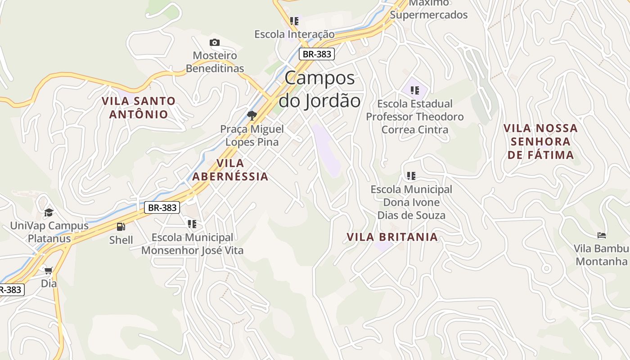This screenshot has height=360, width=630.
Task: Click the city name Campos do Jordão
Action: coord(319,89)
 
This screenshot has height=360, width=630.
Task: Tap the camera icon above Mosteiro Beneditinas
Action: coord(215,42)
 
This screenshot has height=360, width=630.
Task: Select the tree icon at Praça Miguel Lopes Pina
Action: coord(252,115)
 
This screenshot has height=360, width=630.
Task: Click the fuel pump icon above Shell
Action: coord(121,227)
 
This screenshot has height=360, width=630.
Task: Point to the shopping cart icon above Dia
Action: coord(49,270)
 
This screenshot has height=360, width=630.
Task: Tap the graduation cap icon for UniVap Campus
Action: coord(49,212)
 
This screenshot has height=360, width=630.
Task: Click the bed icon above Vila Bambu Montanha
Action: coord(601,235)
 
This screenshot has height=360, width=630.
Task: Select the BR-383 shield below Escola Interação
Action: coord(317,54)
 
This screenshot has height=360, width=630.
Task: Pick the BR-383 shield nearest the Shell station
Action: coord(162,207)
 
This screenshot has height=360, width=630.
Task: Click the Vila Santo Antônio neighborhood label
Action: coord(139,108)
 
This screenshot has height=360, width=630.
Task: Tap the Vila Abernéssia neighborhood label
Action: coord(230,170)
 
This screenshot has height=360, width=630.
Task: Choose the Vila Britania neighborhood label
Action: coord(392,237)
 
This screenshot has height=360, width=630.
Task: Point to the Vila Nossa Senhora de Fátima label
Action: coord(540,142)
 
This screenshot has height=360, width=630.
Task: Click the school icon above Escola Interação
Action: coord(294,21)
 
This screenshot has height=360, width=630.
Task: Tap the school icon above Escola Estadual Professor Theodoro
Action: coord(415,90)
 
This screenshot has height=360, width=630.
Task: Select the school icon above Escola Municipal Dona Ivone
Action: coord(411,175)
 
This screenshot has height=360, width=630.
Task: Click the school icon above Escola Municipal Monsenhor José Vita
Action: coord(192,224)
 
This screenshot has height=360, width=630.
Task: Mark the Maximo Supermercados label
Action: coord(429,9)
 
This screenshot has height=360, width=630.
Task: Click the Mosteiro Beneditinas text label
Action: coord(215,62)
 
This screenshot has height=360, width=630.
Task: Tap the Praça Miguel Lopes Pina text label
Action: coord(252,135)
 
